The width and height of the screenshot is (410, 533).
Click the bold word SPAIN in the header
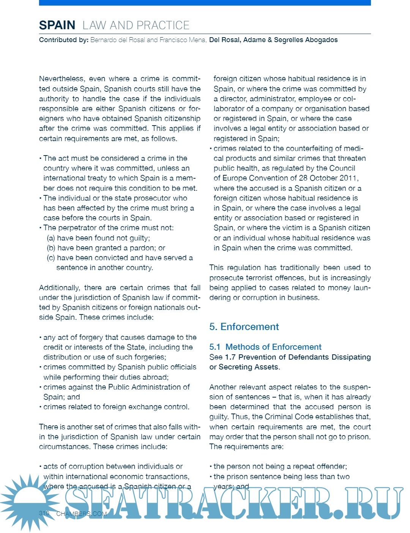coord(57,25)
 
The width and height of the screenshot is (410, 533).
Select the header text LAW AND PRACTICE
coord(136,25)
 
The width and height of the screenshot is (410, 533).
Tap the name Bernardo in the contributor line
coord(104,40)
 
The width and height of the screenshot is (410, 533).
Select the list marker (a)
coord(50,238)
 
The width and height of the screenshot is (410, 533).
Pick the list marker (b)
coord(50,248)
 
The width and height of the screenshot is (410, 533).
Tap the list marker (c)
coord(50,258)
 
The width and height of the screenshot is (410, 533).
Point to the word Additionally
coord(59,288)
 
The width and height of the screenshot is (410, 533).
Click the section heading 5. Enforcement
coord(244,327)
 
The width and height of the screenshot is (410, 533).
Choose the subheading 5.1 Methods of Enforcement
coord(265,347)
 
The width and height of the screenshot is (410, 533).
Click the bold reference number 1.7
coord(230,357)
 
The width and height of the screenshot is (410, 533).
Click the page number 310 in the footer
coord(44,513)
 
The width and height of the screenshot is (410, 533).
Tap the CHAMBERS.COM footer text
coord(81,514)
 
